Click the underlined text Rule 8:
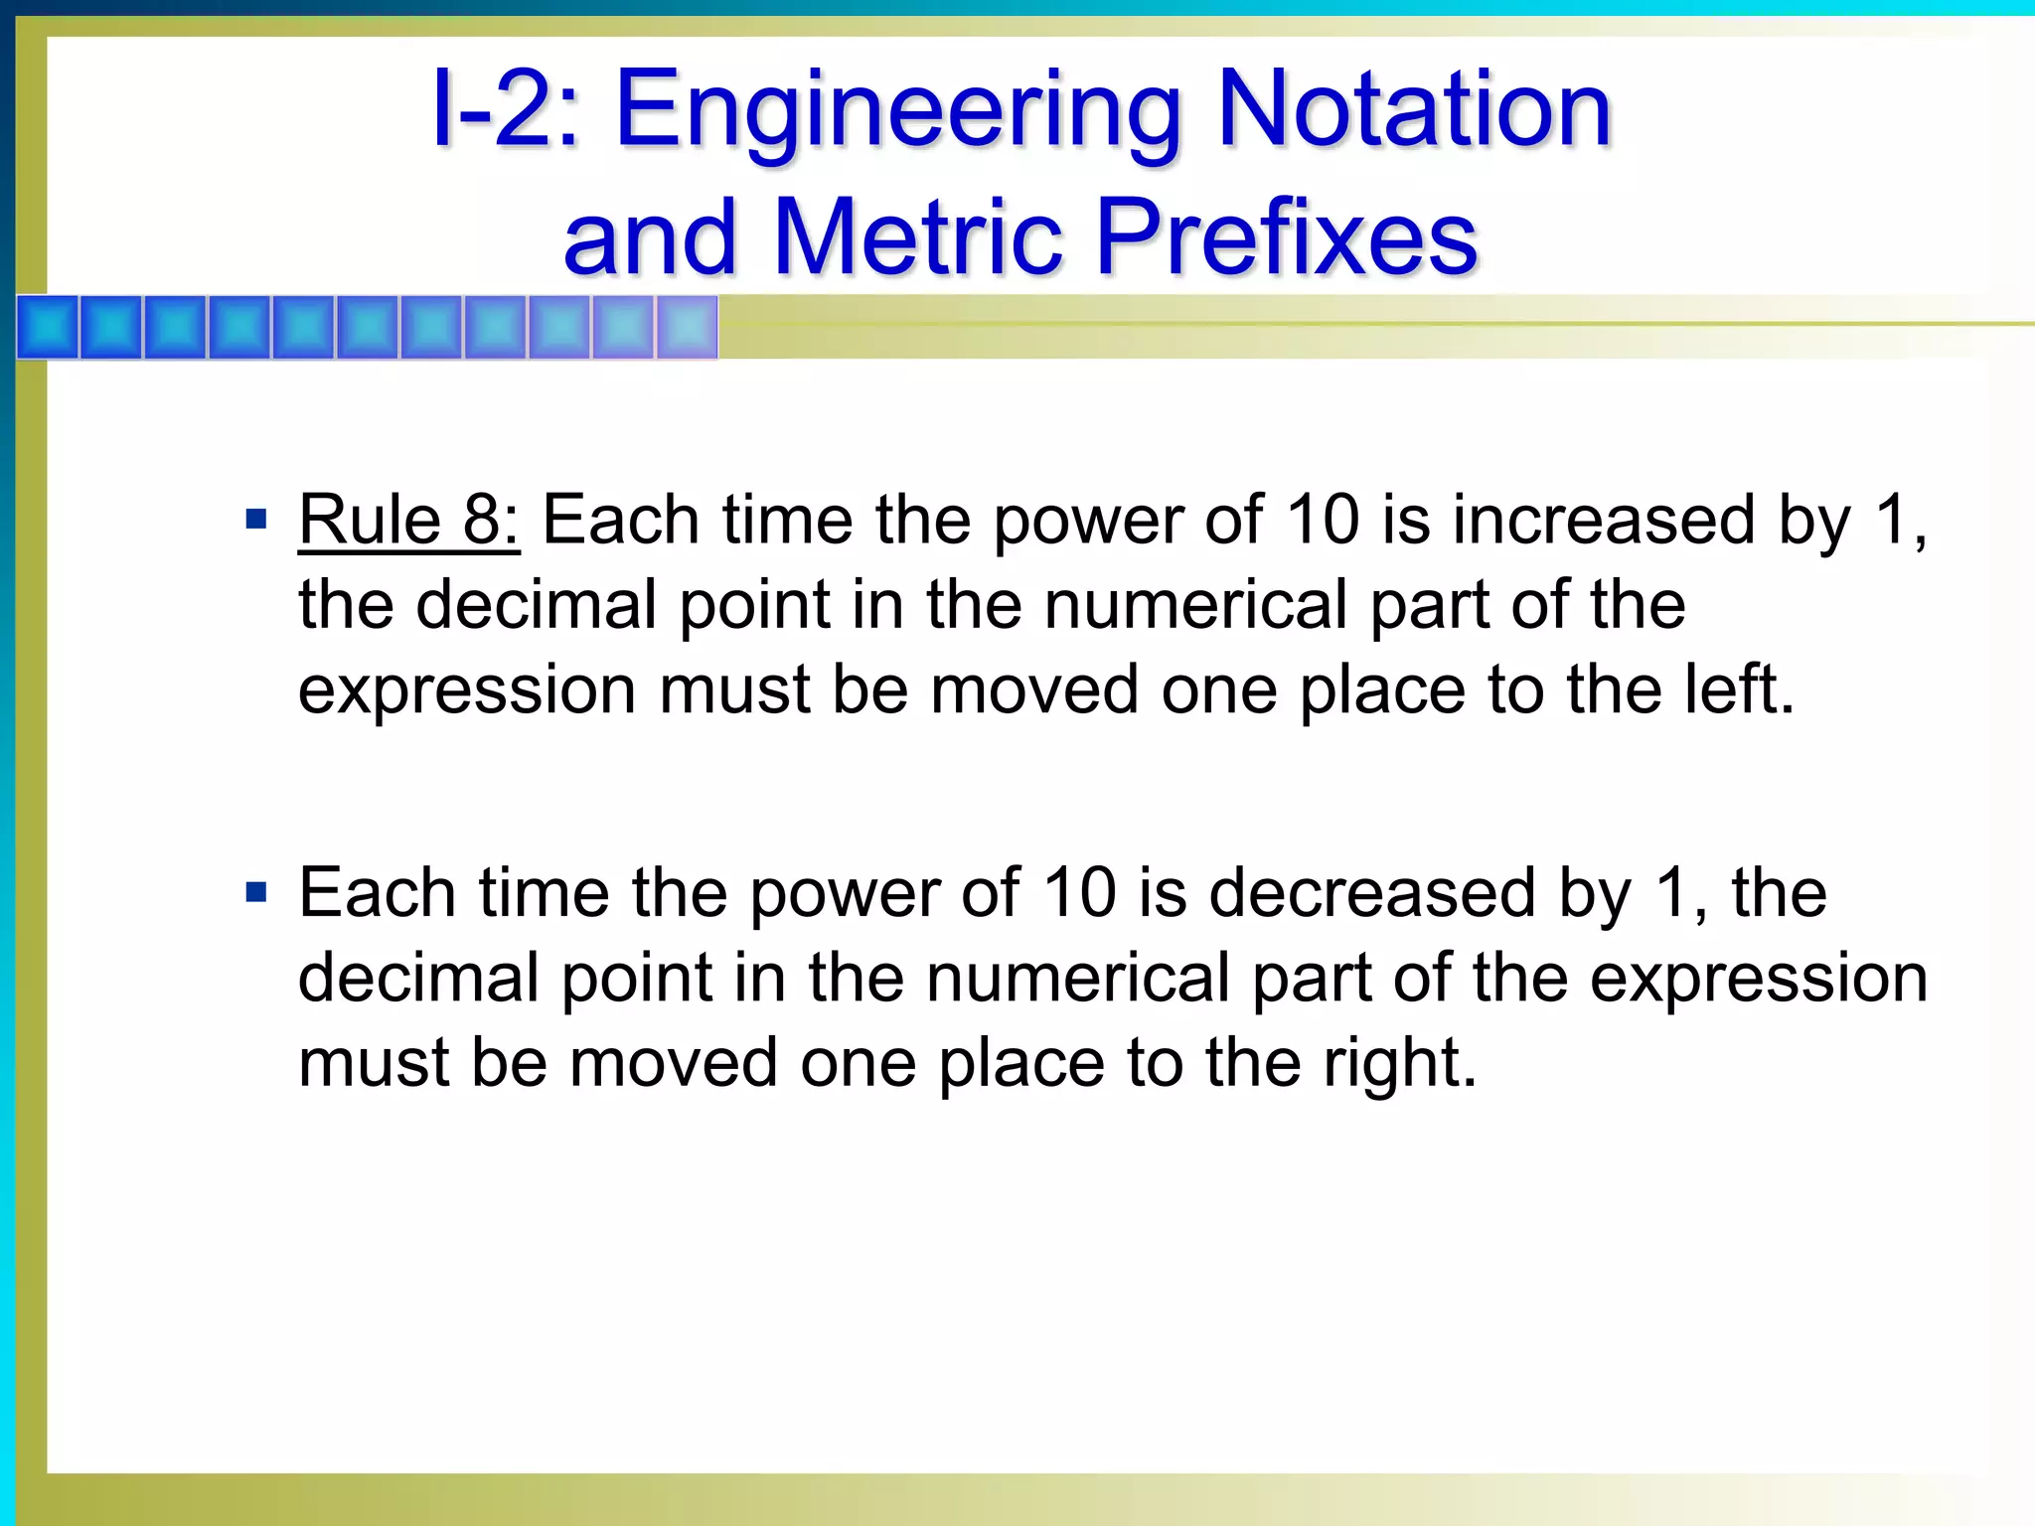[408, 520]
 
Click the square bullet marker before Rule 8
[256, 519]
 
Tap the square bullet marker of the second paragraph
[256, 892]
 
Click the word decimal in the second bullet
[417, 978]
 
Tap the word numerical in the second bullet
[1078, 978]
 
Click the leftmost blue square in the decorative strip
[48, 327]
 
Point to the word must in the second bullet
[373, 1063]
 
